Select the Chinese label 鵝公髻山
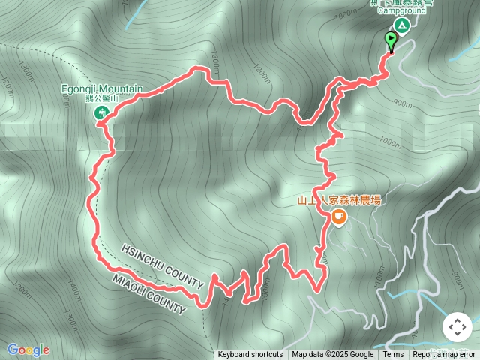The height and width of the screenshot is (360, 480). point(102,98)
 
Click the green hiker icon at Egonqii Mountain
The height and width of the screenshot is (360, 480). point(100,113)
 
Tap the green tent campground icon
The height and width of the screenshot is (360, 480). point(402,26)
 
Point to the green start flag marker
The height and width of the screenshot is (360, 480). point(391,40)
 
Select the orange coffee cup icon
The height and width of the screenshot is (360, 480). point(339,217)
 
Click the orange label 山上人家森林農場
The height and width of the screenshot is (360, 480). point(339,200)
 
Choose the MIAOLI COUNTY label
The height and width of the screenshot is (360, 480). point(148,293)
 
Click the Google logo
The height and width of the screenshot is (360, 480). point(28,349)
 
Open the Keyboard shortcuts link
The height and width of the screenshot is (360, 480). point(250,355)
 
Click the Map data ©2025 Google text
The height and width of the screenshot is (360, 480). point(332,355)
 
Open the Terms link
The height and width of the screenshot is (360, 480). point(393,355)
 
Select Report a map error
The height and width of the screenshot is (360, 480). point(445,355)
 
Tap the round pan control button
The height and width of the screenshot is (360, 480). point(457,327)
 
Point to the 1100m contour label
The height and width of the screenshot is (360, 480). point(380,277)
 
